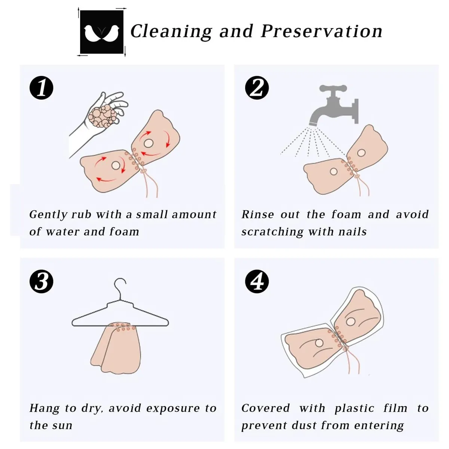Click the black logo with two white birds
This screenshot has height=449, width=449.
tap(102, 32)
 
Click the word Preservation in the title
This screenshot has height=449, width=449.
tap(321, 31)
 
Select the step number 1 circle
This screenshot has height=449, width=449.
tap(42, 88)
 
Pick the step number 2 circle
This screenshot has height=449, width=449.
tap(257, 88)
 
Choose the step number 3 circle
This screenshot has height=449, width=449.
tap(42, 281)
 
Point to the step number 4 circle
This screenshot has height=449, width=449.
tap(257, 281)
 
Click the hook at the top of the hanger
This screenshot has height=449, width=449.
tap(120, 288)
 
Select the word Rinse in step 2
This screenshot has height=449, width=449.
tap(257, 214)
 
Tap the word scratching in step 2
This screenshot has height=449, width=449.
tap(272, 232)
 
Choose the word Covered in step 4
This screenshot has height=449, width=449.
tap(266, 408)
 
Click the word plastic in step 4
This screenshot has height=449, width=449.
tap(354, 409)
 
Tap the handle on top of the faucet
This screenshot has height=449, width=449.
tap(333, 88)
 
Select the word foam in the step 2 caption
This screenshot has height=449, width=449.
tap(346, 214)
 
